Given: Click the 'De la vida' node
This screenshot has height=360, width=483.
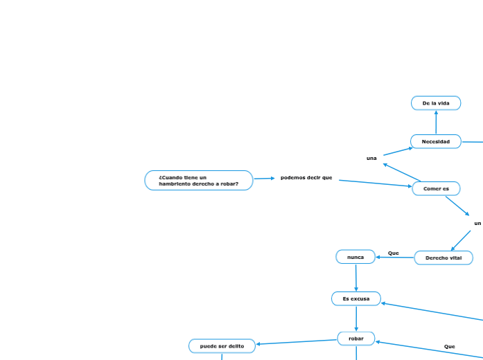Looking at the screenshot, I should [436, 103].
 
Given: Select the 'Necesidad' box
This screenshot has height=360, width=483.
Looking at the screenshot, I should [436, 141].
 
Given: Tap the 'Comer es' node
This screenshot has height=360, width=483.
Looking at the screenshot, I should [436, 188].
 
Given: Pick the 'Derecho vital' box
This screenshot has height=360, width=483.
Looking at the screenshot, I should [444, 258].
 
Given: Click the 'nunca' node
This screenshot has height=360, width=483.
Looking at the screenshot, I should [355, 257].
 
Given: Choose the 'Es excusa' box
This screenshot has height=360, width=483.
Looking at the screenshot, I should [356, 298].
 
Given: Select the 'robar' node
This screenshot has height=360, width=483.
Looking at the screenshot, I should [356, 339].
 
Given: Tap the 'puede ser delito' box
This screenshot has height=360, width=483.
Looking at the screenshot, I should [222, 345].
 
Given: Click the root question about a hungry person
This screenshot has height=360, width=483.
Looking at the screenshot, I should [199, 181].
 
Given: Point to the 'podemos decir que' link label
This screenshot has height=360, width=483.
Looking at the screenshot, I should [306, 178].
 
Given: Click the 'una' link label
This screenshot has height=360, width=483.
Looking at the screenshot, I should [371, 159].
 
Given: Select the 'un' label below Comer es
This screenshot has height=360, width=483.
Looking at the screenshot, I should [477, 223].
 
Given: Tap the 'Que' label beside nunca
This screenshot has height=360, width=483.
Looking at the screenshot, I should [394, 253].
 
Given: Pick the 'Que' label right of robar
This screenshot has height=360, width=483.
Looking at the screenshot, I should [450, 346].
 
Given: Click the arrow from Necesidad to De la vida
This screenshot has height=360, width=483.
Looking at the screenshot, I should [436, 123].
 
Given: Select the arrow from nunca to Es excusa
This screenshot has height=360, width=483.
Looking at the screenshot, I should [355, 278].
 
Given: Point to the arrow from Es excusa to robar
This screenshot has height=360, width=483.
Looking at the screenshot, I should [356, 318].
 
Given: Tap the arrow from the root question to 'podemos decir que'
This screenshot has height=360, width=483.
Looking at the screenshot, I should [264, 179].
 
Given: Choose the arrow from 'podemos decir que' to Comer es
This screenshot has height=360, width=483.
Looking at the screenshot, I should [375, 183].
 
